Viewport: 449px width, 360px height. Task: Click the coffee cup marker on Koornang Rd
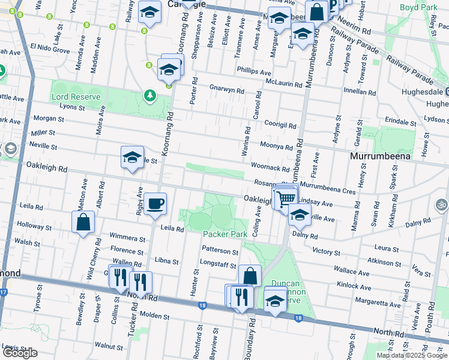tap(155, 202)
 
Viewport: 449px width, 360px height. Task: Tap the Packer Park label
tap(225, 234)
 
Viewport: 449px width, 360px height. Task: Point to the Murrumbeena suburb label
tap(380, 156)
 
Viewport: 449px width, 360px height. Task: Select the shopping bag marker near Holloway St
tap(83, 221)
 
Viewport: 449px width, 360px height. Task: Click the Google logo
tap(19, 353)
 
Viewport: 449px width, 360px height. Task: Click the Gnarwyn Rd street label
tap(226, 91)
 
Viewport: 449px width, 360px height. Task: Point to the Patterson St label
tap(220, 251)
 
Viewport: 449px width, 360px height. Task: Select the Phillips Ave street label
tap(254, 70)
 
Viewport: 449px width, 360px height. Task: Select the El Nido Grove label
tap(50, 48)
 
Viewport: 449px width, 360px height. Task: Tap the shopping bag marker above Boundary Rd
tap(250, 276)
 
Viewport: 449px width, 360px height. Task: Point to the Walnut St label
tap(109, 346)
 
